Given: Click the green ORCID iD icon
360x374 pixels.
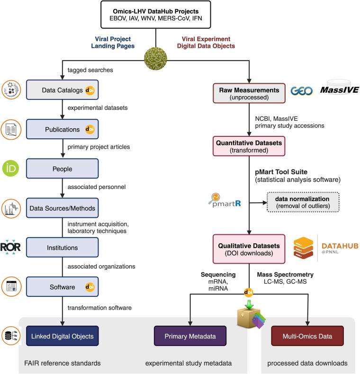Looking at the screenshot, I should pos(11,169).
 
